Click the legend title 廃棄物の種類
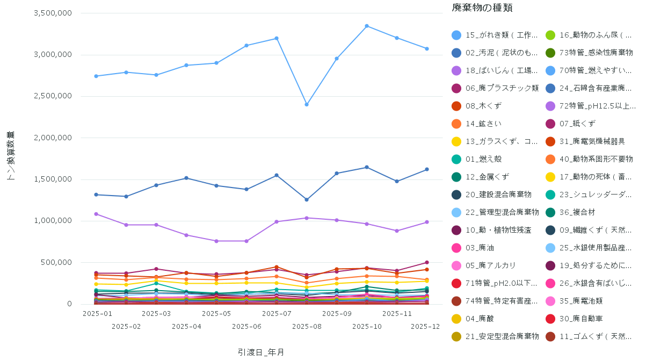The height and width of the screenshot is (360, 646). click(x=482, y=8)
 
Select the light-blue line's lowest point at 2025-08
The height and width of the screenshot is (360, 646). click(x=307, y=104)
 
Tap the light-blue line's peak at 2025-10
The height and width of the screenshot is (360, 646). click(x=367, y=26)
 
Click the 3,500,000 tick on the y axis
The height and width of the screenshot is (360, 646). click(x=53, y=13)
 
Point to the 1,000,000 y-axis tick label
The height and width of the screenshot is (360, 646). click(x=53, y=221)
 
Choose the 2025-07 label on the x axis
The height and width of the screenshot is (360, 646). click(x=277, y=313)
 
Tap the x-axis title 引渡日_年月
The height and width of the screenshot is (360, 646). click(x=261, y=352)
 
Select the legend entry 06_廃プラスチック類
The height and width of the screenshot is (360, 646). click(x=502, y=88)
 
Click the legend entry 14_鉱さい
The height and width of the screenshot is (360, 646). click(x=483, y=124)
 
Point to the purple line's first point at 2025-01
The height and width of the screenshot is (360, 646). click(x=96, y=214)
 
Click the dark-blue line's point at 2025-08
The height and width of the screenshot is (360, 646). click(x=307, y=199)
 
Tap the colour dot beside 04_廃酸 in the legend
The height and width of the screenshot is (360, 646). click(x=456, y=319)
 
